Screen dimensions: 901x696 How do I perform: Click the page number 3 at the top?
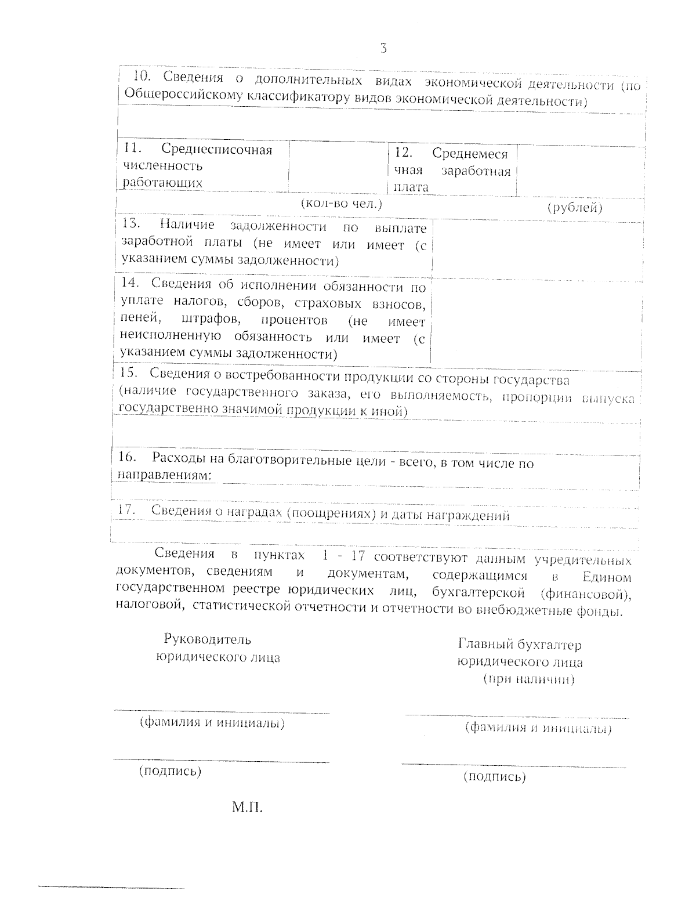click(x=383, y=49)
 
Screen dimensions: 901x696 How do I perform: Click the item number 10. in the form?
click(x=143, y=76)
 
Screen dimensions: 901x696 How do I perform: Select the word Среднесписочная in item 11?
click(x=217, y=150)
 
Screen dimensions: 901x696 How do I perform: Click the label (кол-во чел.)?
click(x=341, y=204)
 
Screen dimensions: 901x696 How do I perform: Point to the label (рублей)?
click(x=575, y=208)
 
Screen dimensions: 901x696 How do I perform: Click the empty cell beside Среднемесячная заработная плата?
click(x=579, y=171)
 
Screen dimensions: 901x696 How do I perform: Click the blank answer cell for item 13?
click(x=538, y=247)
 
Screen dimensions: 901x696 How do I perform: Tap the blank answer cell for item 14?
click(x=538, y=321)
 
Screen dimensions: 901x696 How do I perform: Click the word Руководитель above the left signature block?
click(x=208, y=639)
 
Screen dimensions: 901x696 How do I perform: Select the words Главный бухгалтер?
click(x=520, y=645)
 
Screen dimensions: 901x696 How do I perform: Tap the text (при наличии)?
click(x=528, y=679)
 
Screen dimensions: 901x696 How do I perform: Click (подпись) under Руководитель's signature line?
click(x=170, y=771)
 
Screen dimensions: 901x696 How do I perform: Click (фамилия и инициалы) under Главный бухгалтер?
click(x=538, y=728)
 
